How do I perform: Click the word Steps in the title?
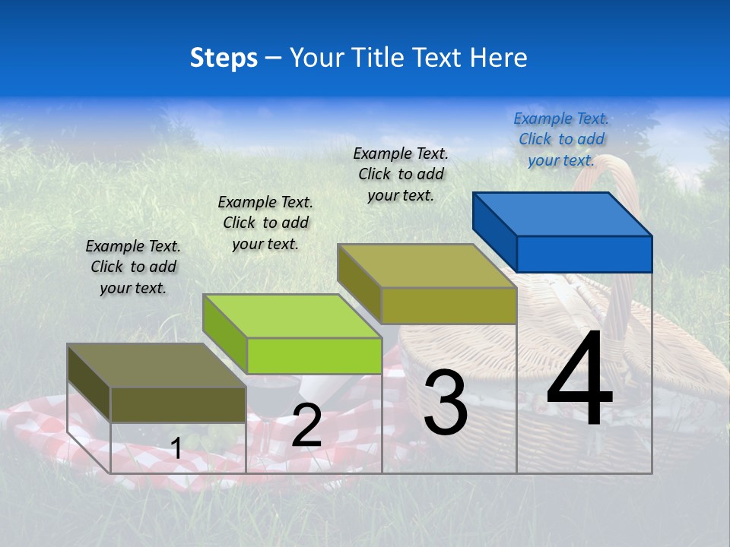click(224, 58)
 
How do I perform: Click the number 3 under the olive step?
click(446, 403)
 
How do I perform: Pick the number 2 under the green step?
click(306, 425)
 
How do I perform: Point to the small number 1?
click(176, 448)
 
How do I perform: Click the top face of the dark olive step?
click(157, 365)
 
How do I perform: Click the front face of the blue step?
click(584, 254)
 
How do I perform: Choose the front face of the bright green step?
click(314, 356)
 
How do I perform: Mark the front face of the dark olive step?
click(178, 404)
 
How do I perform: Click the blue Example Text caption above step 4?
click(561, 139)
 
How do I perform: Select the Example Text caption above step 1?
click(133, 267)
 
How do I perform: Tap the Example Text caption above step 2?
click(265, 223)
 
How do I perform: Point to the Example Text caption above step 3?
click(401, 174)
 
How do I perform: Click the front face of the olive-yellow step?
click(449, 305)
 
